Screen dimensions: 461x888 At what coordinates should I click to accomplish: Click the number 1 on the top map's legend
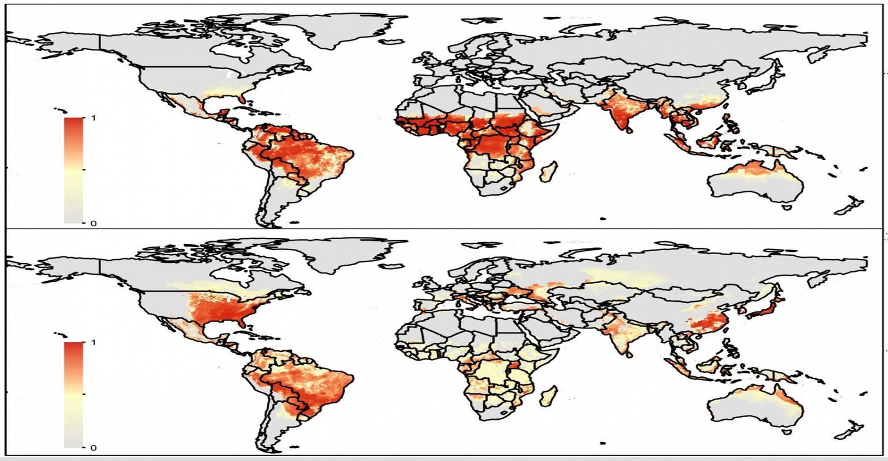(93, 118)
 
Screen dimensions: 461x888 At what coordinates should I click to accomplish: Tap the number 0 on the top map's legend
(93, 223)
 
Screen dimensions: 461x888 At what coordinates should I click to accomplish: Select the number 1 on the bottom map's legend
(93, 342)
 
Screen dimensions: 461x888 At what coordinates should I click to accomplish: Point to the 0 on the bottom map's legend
(93, 448)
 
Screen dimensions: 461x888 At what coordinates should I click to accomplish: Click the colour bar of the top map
(73, 170)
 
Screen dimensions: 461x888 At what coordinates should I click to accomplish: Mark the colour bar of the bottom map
(73, 395)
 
